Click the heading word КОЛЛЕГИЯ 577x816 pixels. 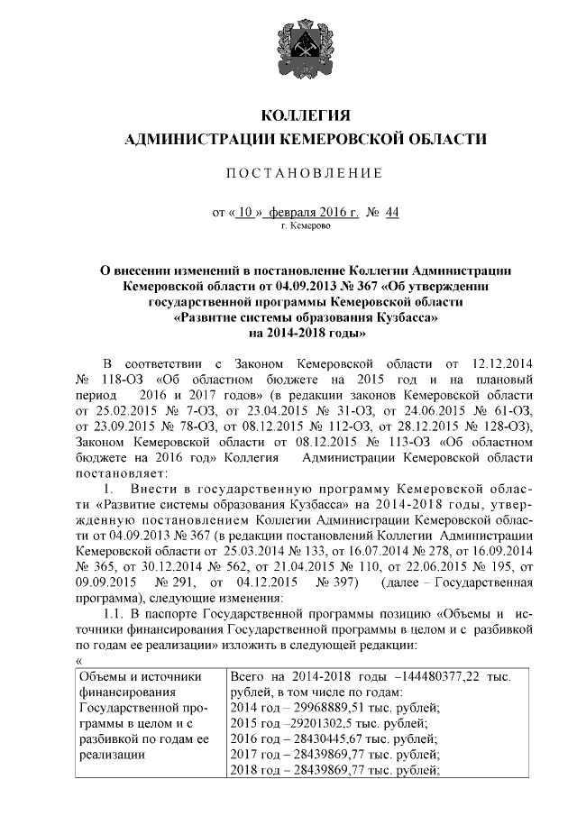(x=304, y=115)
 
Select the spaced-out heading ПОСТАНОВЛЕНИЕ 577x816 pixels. (x=304, y=172)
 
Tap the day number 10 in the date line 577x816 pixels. (x=245, y=213)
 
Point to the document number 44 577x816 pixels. (x=390, y=213)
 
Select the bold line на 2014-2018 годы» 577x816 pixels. (x=304, y=333)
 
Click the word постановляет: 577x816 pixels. (x=116, y=474)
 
